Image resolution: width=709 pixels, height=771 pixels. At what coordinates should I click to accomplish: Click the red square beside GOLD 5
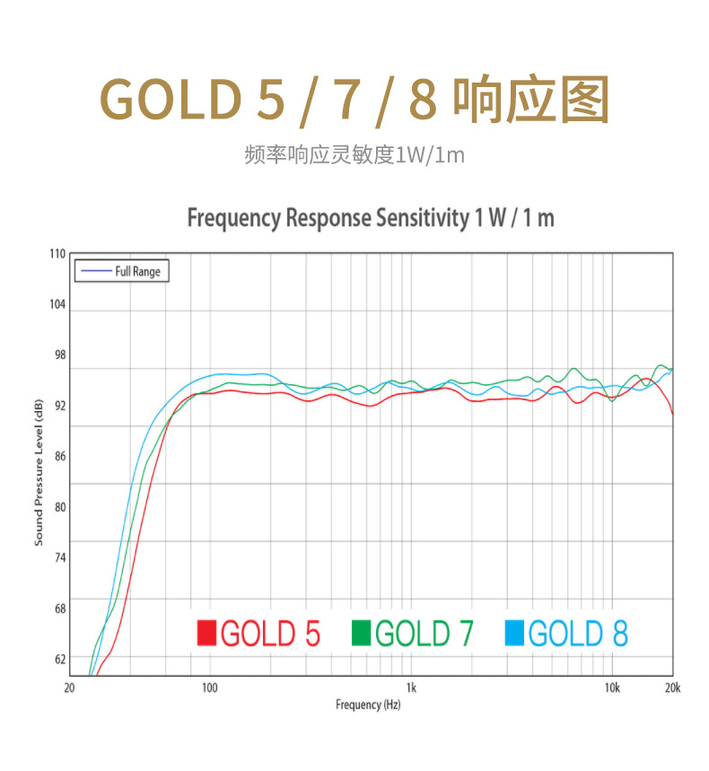pyautogui.click(x=207, y=633)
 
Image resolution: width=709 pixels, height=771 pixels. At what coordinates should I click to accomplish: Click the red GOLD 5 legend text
pyautogui.click(x=270, y=633)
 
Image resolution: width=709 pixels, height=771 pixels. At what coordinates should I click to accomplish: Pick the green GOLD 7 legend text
pyautogui.click(x=424, y=633)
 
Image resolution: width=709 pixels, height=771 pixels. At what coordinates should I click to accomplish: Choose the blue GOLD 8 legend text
pyautogui.click(x=578, y=633)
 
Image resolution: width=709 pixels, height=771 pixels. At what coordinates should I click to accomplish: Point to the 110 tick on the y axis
pyautogui.click(x=57, y=254)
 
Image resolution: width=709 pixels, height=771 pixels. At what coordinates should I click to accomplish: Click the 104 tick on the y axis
pyautogui.click(x=57, y=304)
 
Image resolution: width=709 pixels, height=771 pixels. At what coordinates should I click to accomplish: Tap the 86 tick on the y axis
pyautogui.click(x=59, y=456)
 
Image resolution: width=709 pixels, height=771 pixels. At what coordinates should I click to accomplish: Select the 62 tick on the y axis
pyautogui.click(x=59, y=659)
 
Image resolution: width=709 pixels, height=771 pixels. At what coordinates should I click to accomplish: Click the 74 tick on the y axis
pyautogui.click(x=59, y=557)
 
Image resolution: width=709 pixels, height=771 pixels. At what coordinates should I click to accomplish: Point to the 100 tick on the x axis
pyautogui.click(x=210, y=688)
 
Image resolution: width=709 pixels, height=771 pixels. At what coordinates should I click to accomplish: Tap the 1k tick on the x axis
pyautogui.click(x=411, y=688)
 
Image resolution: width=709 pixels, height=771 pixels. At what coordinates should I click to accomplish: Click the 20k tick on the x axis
pyautogui.click(x=672, y=688)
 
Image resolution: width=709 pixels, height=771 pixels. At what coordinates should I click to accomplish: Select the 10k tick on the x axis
pyautogui.click(x=612, y=688)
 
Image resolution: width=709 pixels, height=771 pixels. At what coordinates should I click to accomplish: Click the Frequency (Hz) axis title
pyautogui.click(x=368, y=705)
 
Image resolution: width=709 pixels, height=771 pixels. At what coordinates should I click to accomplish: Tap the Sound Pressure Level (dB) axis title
pyautogui.click(x=39, y=473)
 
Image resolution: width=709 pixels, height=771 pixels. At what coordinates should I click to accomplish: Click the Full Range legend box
pyautogui.click(x=121, y=270)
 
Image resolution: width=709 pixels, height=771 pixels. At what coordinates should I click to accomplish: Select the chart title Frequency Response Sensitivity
pyautogui.click(x=370, y=218)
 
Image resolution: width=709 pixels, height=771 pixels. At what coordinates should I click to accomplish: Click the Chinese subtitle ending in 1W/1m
pyautogui.click(x=354, y=154)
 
